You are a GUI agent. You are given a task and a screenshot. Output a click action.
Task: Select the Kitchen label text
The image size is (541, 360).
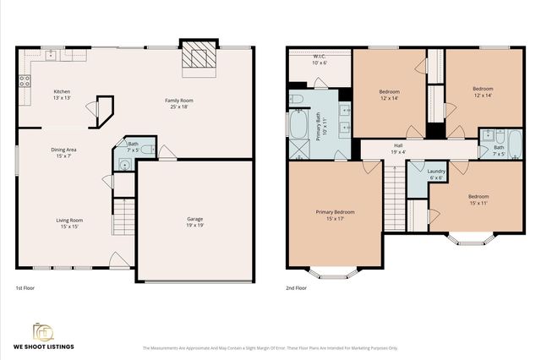point(63,94)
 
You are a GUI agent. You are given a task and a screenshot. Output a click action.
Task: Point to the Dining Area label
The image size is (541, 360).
point(63,151)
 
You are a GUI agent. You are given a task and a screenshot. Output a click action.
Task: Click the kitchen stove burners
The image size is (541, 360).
point(24,83)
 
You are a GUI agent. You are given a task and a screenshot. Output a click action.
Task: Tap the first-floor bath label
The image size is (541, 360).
point(133,146)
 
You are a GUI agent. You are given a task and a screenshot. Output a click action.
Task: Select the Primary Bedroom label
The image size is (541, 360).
point(336,214)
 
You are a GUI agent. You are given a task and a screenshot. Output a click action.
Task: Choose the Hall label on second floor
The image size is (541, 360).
point(397,147)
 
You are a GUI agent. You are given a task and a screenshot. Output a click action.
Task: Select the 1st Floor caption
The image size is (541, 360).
point(25,289)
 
